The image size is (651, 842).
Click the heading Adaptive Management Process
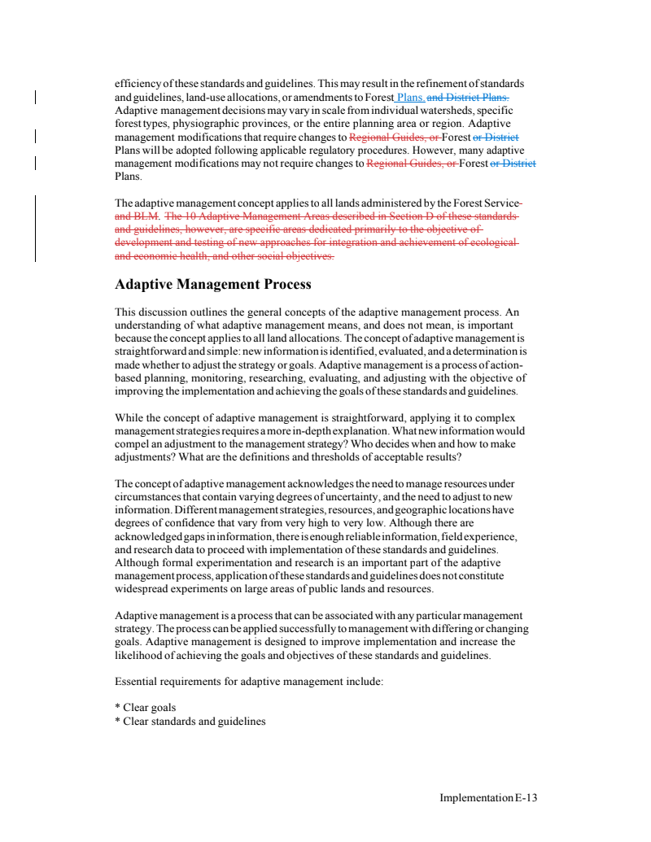coord(213,285)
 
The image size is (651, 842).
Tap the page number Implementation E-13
coord(488,798)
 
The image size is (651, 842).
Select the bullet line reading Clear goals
coord(146,708)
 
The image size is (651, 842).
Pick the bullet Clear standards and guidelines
coord(190,721)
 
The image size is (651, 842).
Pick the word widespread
coord(143,589)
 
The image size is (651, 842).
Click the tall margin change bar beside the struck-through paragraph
coord(35,228)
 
